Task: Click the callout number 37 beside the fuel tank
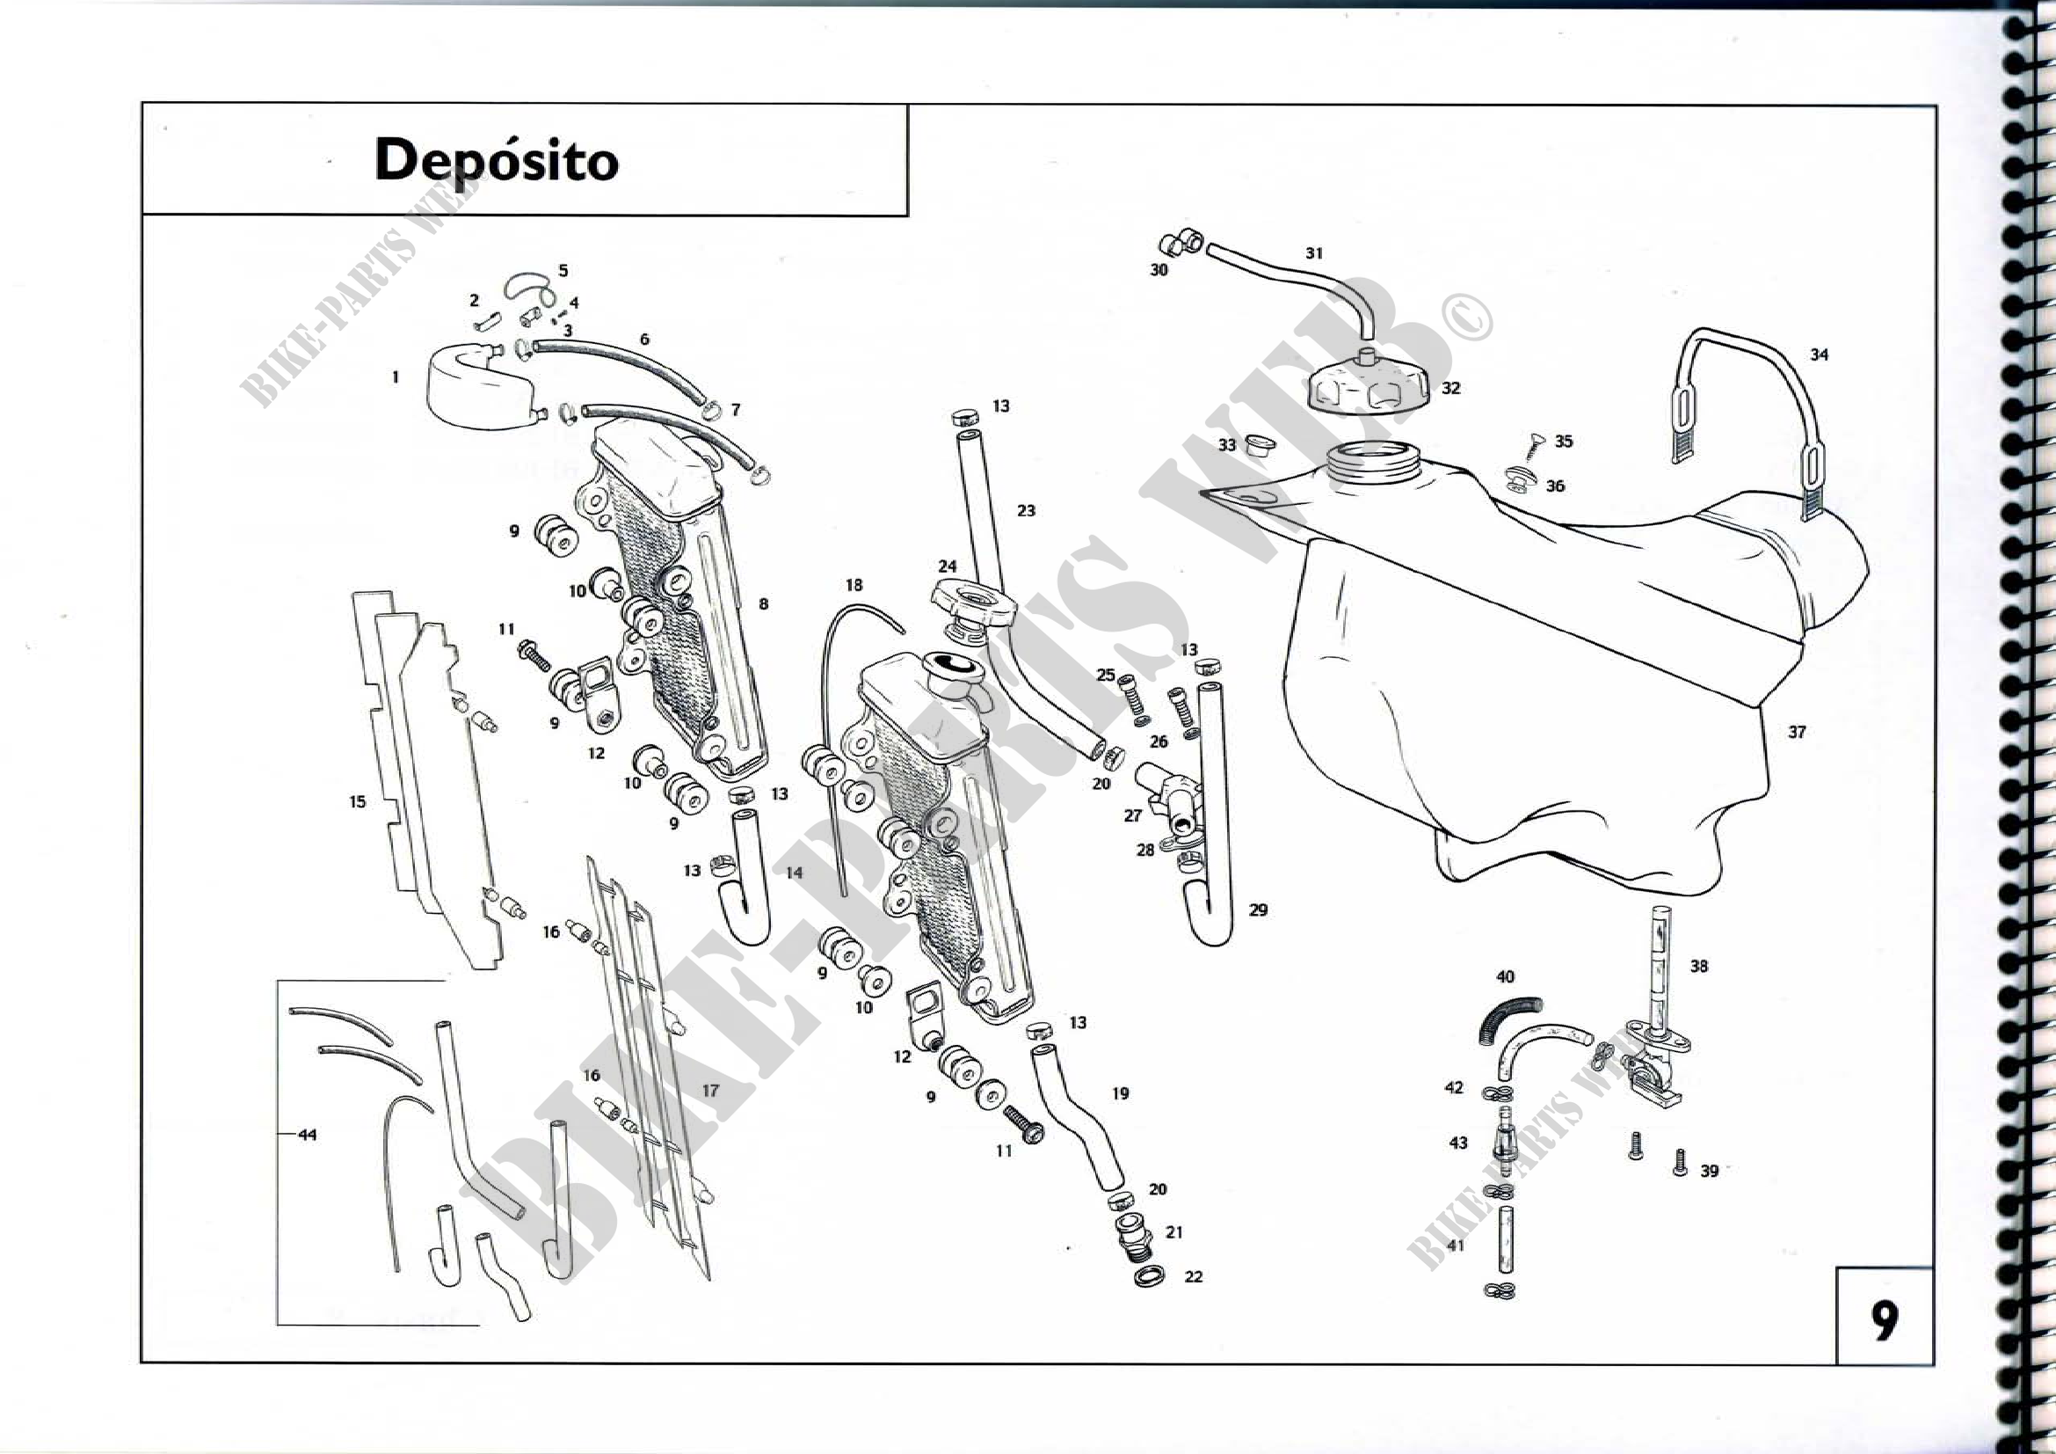click(x=1797, y=732)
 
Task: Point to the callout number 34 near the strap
click(x=1819, y=354)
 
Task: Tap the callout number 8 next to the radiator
click(x=763, y=603)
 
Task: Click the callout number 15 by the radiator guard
click(x=357, y=802)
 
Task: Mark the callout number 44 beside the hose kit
click(x=307, y=1135)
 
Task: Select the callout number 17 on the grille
click(x=709, y=1090)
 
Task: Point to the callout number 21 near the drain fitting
click(x=1174, y=1231)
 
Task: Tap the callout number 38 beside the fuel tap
click(x=1699, y=966)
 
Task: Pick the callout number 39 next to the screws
click(x=1709, y=1171)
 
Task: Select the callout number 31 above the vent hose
click(x=1313, y=253)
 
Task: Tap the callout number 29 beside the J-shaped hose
click(x=1258, y=910)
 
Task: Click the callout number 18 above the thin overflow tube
click(x=854, y=585)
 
